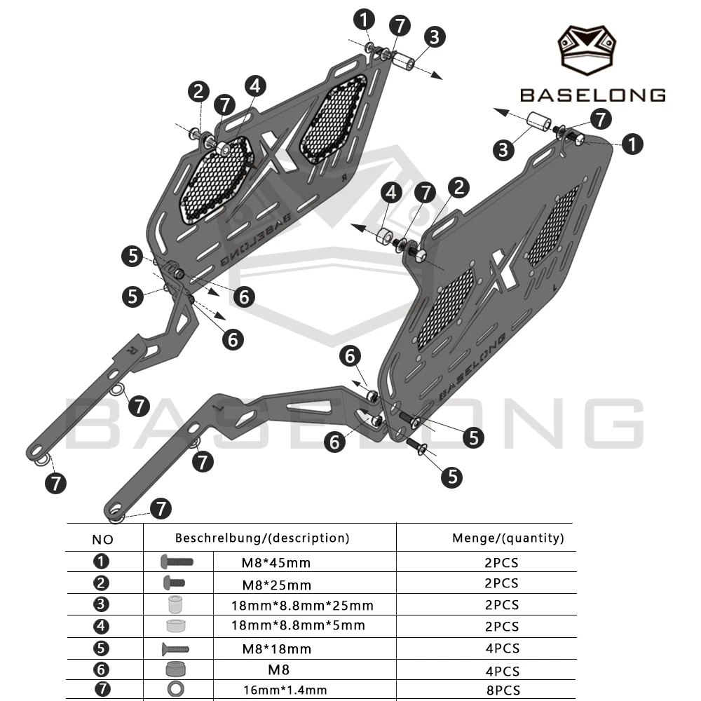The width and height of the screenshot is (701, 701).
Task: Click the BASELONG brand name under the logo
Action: [593, 95]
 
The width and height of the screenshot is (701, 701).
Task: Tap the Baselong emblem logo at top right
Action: [587, 50]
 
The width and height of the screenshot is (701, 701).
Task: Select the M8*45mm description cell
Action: [275, 562]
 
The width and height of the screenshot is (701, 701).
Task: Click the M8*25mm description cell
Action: [276, 585]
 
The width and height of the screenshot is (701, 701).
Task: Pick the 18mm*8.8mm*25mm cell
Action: [302, 606]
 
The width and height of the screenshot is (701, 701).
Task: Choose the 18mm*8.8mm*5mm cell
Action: [298, 625]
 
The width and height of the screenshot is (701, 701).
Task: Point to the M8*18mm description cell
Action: [276, 648]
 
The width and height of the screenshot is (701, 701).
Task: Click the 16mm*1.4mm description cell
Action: [285, 690]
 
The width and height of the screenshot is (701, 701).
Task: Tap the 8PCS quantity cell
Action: [503, 690]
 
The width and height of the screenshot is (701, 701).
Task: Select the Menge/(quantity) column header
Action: [508, 538]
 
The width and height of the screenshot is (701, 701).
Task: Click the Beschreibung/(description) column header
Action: [262, 538]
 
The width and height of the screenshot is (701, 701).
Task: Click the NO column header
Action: [102, 540]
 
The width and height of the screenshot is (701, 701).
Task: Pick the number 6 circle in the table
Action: [101, 669]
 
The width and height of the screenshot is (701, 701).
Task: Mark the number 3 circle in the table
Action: [101, 604]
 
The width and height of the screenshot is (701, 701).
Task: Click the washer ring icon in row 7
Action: [176, 689]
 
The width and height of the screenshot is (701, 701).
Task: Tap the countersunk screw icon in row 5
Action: [175, 648]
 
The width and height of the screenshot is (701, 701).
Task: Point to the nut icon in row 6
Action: [175, 669]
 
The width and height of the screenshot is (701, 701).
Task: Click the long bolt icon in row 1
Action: [177, 562]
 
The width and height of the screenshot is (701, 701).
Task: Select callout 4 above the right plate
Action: [391, 193]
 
